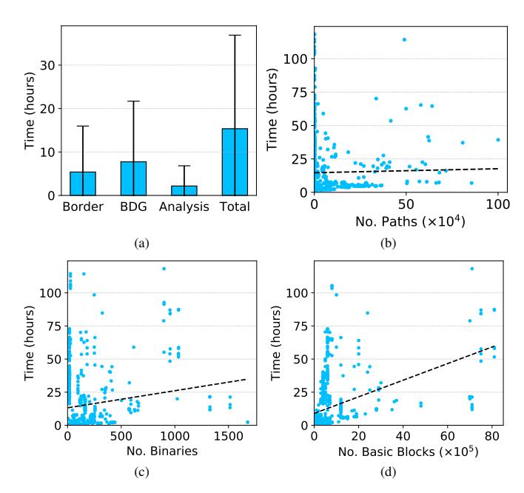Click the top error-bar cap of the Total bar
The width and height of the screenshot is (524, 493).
tap(235, 35)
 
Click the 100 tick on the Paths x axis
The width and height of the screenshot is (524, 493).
tap(498, 204)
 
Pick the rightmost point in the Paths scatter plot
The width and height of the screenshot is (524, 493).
tap(498, 139)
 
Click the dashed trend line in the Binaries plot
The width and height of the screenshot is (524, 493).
tap(163, 393)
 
